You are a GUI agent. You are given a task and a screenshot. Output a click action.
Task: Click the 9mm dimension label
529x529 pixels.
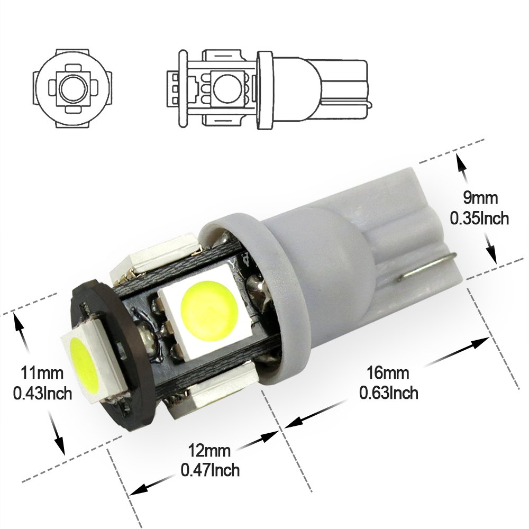tap(480, 198)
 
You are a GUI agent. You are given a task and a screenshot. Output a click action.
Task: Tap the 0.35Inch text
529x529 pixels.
tap(479, 218)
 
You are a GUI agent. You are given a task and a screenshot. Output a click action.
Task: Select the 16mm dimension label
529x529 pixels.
tap(388, 373)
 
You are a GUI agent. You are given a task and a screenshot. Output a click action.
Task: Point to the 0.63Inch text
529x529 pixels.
tap(388, 393)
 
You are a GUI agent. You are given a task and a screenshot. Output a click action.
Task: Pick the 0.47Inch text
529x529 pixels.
tap(210, 470)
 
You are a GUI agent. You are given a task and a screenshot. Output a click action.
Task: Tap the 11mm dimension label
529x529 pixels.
tap(42, 373)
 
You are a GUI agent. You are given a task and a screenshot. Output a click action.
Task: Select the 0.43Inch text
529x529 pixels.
tap(42, 393)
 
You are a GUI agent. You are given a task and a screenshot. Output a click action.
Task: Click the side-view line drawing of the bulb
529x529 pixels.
tap(269, 89)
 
